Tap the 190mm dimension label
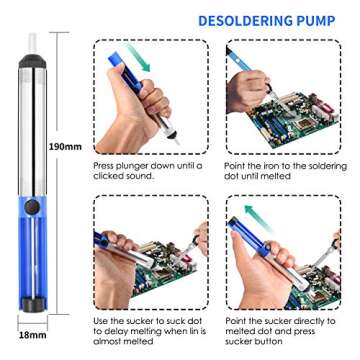[66, 146]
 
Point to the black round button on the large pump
[32, 236]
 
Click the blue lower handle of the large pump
[32, 285]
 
